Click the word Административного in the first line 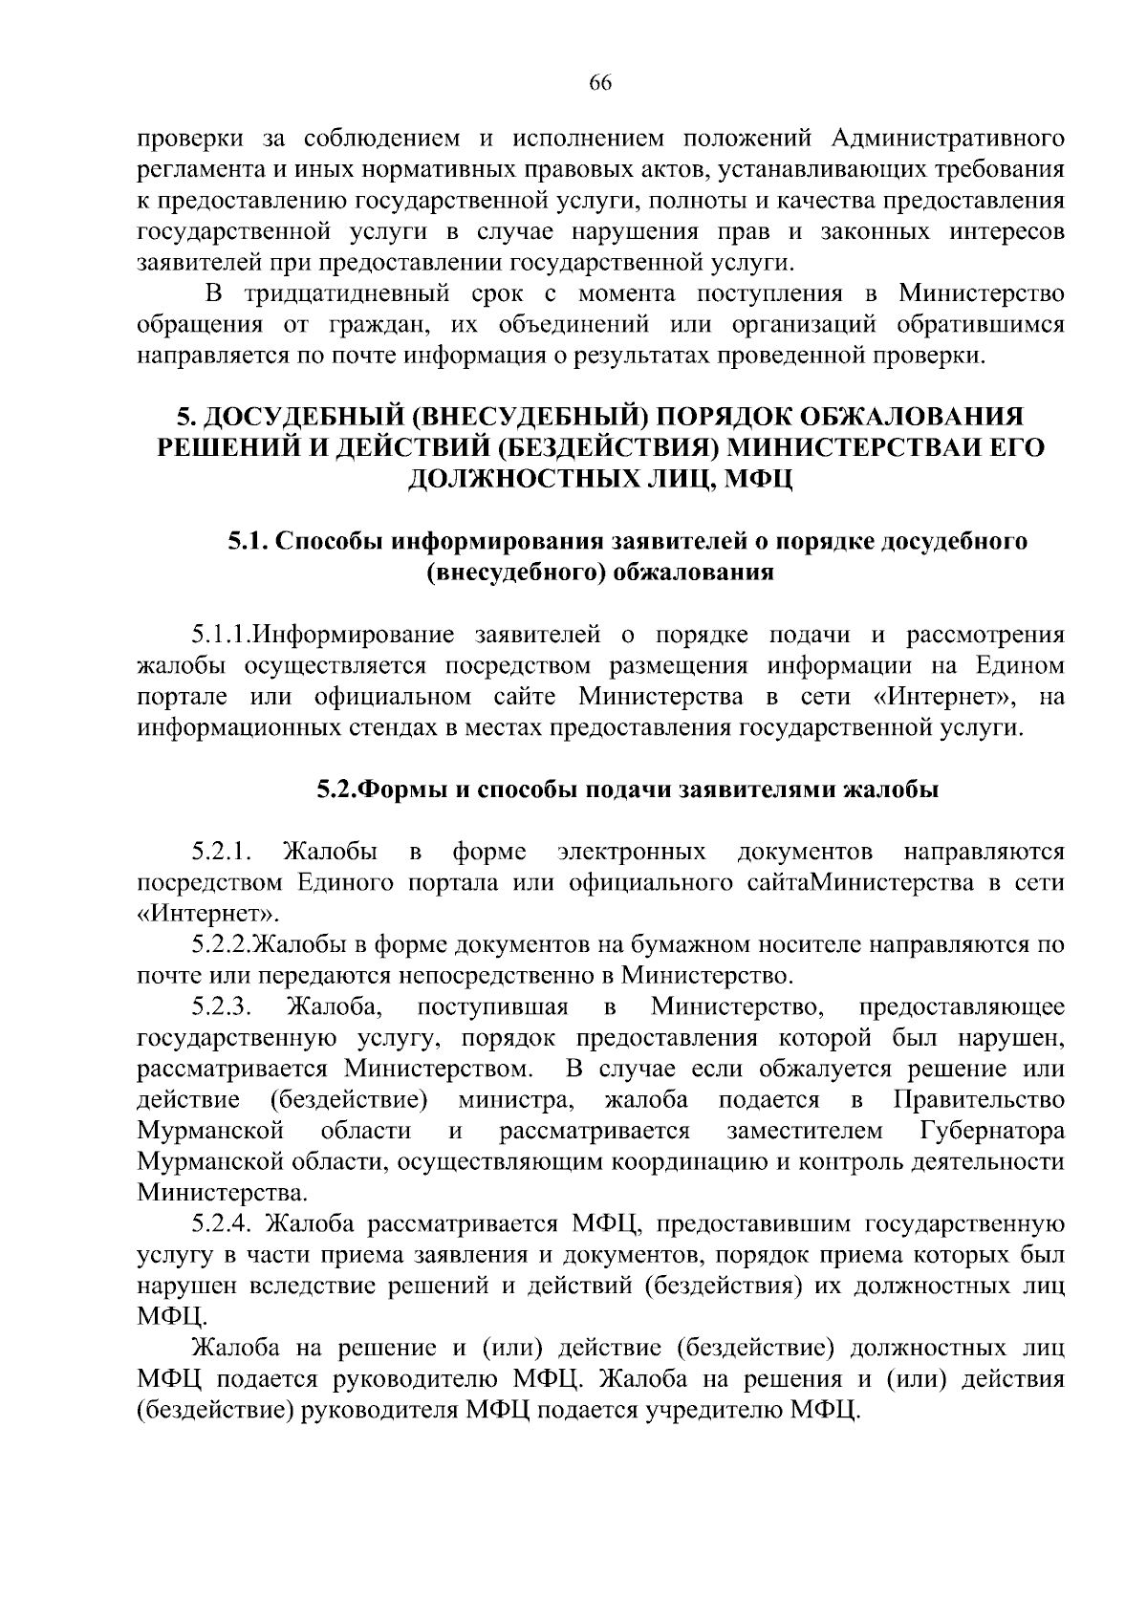click(947, 139)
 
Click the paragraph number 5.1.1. click(220, 634)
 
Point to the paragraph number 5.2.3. click(221, 1006)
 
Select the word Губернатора click(992, 1131)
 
